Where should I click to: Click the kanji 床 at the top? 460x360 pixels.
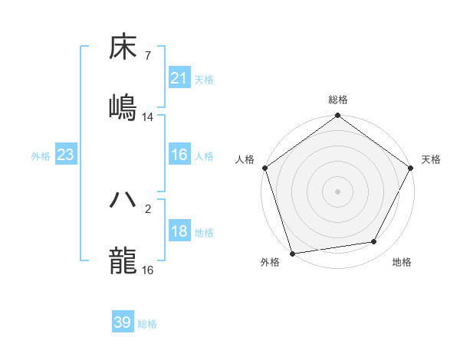tap(123, 47)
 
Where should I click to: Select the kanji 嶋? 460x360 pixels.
tap(123, 106)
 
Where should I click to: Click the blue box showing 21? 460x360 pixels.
tap(179, 78)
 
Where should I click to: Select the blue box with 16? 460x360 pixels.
tap(179, 155)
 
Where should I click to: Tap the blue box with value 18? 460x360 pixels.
tap(179, 232)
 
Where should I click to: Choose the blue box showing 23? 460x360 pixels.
tap(66, 155)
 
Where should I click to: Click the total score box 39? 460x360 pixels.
tap(123, 323)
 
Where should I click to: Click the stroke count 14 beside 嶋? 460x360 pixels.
tap(148, 116)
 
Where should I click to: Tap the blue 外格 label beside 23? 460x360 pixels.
tap(41, 156)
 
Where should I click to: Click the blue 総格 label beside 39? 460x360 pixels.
tap(148, 324)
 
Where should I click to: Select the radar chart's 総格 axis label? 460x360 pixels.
tap(338, 100)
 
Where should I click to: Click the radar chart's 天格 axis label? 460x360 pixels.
tap(431, 159)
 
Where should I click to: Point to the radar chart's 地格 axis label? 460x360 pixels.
tap(402, 263)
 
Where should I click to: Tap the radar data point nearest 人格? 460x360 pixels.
tap(264, 168)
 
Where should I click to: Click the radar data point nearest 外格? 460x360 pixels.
tap(292, 253)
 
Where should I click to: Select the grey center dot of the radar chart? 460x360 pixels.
tap(337, 191)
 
